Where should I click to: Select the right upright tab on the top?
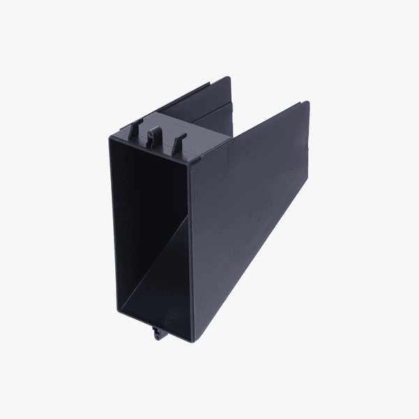178,141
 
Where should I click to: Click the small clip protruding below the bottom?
156,333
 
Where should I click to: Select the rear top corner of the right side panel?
307,103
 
